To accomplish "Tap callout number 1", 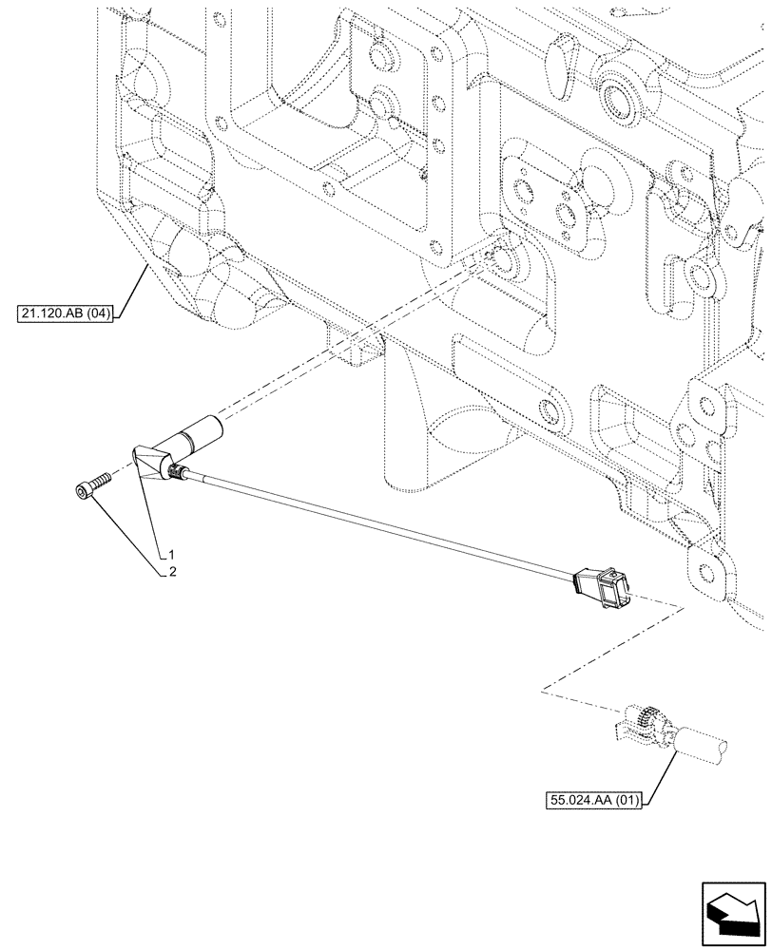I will tap(173, 553).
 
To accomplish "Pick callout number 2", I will tap(173, 572).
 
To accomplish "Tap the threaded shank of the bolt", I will tap(100, 481).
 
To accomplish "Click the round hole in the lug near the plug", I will tap(705, 573).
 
